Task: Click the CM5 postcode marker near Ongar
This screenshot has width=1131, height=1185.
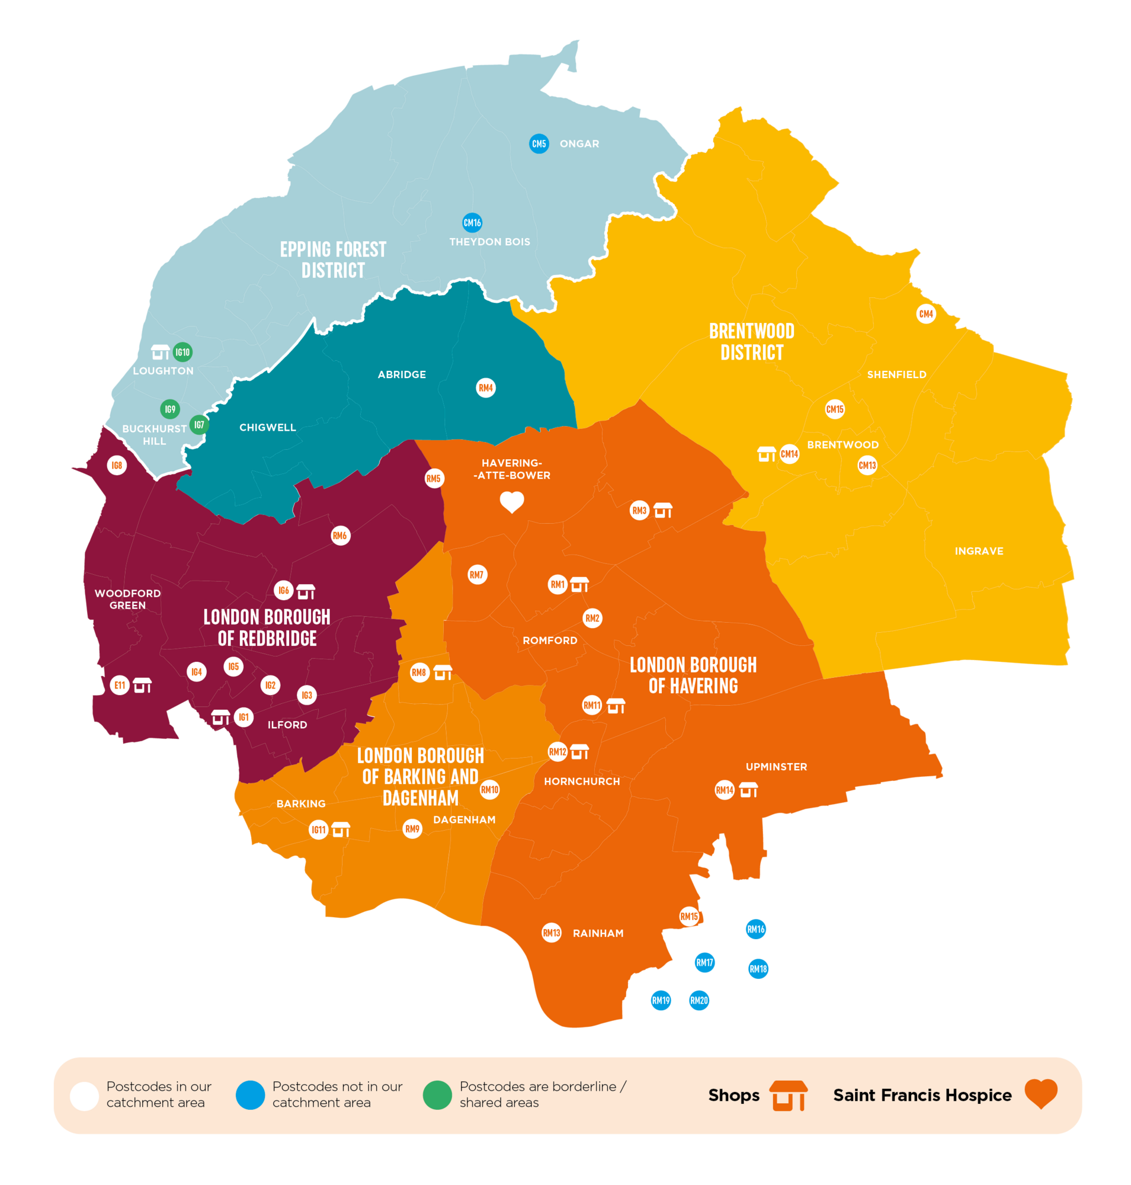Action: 539,143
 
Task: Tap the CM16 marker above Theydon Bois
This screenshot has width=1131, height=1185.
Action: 472,223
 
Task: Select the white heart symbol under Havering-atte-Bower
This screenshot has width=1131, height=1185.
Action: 512,502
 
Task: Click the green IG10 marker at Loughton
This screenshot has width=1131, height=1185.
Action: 182,351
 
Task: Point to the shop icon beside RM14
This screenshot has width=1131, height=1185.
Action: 748,790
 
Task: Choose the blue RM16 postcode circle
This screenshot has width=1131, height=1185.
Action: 755,929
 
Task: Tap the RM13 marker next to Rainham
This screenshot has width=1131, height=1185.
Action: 551,933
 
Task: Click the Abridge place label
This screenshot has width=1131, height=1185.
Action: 402,374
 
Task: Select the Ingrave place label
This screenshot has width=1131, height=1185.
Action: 979,551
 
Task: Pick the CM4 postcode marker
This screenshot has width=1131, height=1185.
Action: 925,313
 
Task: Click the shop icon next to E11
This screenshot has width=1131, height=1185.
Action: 142,686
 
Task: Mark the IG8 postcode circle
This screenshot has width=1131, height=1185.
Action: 117,466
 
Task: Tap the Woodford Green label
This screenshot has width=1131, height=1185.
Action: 128,599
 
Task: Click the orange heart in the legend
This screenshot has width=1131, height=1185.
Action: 1040,1094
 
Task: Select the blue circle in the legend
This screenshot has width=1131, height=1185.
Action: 250,1095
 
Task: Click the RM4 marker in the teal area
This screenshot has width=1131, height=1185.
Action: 485,387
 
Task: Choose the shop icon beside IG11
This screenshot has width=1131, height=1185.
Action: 341,830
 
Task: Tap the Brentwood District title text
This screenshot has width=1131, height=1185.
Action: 751,342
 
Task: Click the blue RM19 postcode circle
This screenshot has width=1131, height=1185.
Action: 661,1001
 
